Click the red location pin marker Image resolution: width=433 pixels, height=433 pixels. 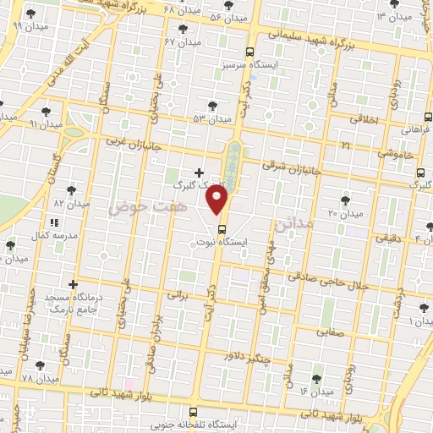(x=219, y=200)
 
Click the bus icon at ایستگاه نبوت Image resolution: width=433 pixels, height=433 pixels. (x=222, y=228)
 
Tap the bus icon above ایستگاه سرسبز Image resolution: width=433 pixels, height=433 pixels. (x=249, y=51)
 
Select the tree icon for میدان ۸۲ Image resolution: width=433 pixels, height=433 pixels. (x=70, y=191)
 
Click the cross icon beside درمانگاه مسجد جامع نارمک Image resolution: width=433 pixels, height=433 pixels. (x=74, y=283)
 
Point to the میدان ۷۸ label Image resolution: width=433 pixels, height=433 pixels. (x=40, y=378)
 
